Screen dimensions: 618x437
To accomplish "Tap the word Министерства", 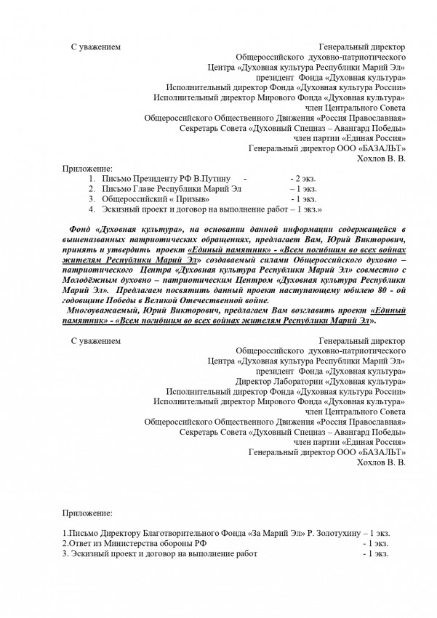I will [x=127, y=543].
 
